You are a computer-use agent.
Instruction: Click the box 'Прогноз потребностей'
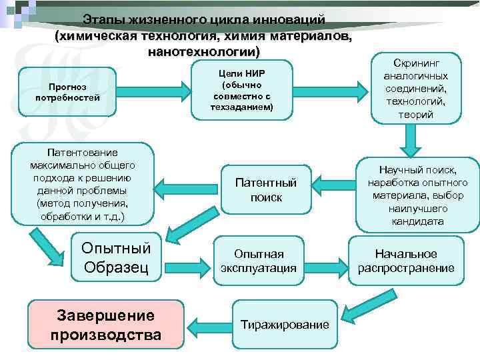coord(68,92)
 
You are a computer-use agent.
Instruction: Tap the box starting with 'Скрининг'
coord(416,87)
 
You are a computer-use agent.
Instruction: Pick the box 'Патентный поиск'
coord(266,190)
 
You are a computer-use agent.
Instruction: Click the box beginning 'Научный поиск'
coord(417,195)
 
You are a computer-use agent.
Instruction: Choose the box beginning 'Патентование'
coord(83,182)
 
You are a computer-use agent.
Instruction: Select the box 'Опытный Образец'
coord(115,258)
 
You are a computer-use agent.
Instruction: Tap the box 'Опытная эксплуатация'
coord(259,261)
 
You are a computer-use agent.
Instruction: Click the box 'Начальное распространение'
coord(406,261)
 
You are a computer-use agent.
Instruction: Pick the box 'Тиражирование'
coord(285,325)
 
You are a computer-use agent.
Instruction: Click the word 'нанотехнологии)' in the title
coord(204,51)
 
